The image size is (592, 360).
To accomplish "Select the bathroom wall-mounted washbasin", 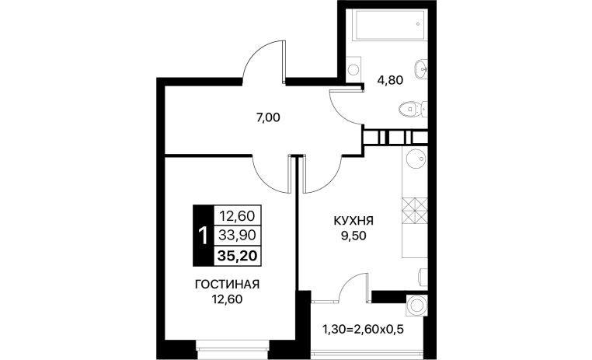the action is point(421,69).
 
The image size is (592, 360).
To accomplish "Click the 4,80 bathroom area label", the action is point(390,80).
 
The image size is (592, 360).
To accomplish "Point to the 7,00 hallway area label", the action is point(268,118).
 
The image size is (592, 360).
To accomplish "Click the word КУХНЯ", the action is point(353,220).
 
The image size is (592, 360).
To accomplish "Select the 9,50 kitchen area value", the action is point(353,236).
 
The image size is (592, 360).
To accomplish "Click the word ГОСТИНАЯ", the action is point(228,284).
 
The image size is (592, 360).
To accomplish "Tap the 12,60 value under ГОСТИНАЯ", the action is point(227,299).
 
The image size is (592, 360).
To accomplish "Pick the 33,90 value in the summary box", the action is point(238,236).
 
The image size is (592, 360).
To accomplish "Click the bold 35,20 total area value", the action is point(238,256).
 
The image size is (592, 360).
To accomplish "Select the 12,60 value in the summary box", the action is point(238,216).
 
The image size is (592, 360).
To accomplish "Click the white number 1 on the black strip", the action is point(203,236).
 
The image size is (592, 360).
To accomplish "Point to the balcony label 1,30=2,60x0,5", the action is point(363,330).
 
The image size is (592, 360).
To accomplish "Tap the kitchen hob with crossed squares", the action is point(415,211).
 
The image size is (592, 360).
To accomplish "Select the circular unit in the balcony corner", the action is point(417,306).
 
